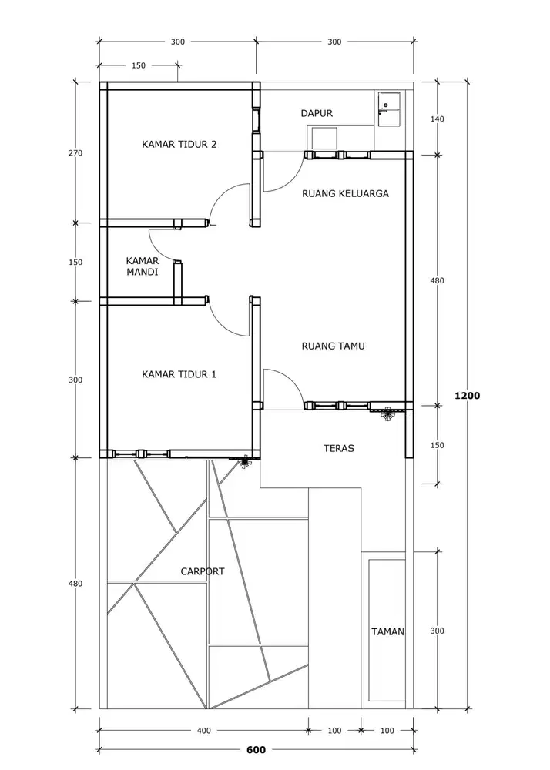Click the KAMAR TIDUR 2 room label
(x=179, y=145)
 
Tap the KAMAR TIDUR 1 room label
(x=179, y=375)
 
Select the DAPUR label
(x=317, y=113)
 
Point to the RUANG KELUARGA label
(x=345, y=193)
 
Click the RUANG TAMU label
(x=333, y=346)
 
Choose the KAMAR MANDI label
(x=143, y=266)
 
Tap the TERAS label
(x=339, y=448)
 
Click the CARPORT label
(x=203, y=571)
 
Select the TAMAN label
(x=388, y=632)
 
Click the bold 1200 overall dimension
(x=467, y=395)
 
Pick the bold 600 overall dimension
(x=256, y=750)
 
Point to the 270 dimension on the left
(x=75, y=153)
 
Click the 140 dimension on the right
(x=437, y=119)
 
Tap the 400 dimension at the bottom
(x=204, y=731)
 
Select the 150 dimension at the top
(x=139, y=65)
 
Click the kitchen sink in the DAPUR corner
(x=388, y=109)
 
